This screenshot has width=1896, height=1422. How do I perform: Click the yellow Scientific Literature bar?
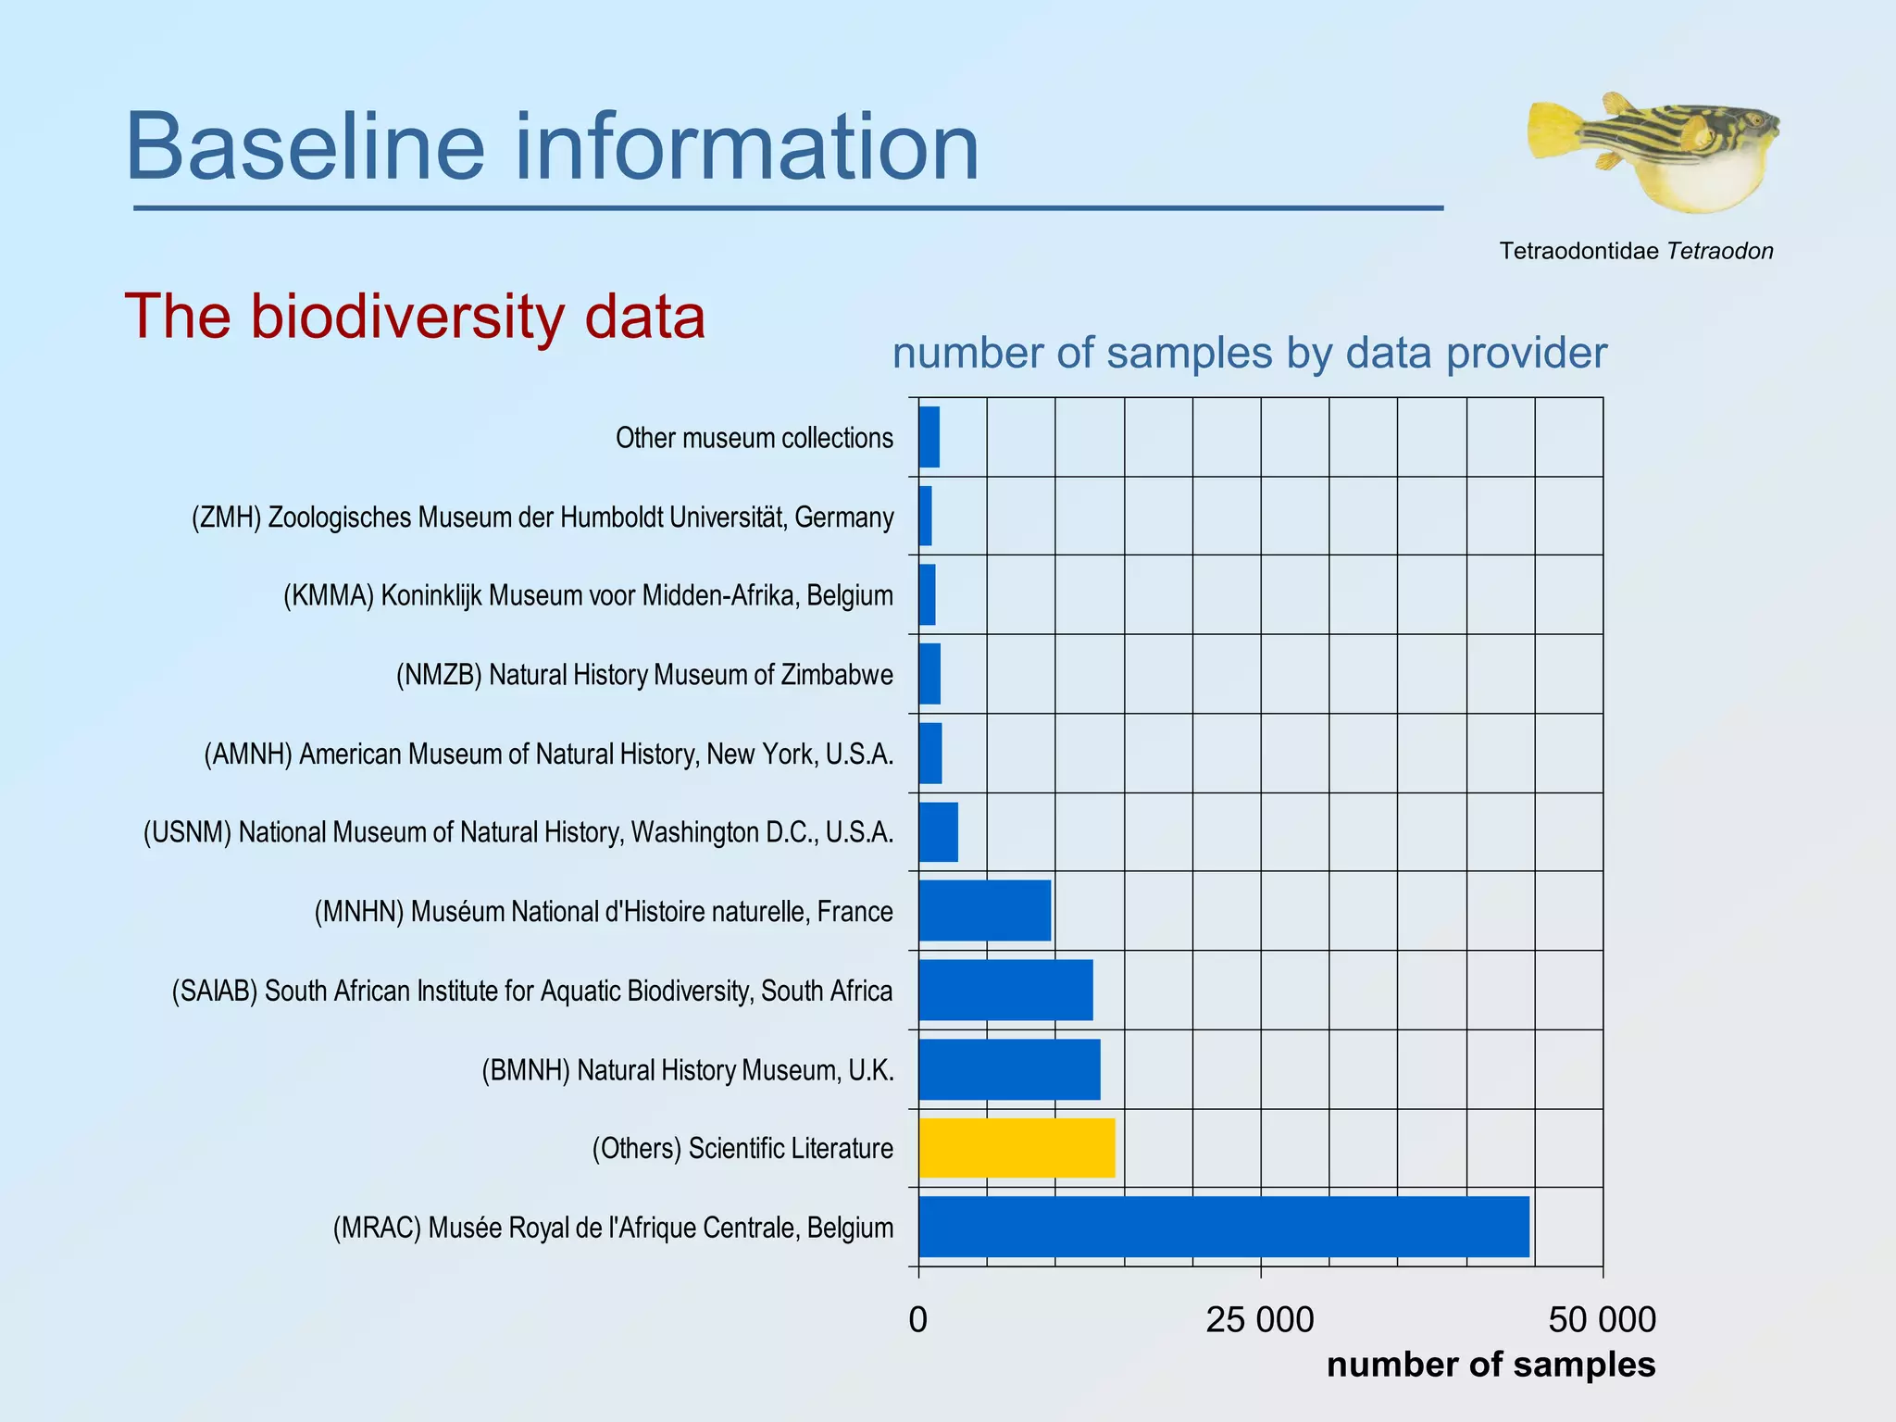(x=1017, y=1148)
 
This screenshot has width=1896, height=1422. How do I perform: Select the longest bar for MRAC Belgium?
(x=1222, y=1227)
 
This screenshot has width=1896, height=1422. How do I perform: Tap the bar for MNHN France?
(x=984, y=911)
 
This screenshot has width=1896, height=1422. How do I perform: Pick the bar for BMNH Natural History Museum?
(x=1009, y=1069)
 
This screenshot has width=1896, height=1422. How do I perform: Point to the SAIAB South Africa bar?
(x=1005, y=990)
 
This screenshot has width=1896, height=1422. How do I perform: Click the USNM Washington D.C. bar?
(x=938, y=832)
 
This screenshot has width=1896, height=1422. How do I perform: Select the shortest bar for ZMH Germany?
(x=925, y=516)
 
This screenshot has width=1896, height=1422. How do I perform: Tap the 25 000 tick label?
(x=1259, y=1319)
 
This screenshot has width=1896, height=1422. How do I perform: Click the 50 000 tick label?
(x=1602, y=1319)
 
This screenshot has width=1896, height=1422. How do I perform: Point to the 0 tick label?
(x=917, y=1319)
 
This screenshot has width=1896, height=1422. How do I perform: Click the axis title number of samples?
(x=1491, y=1365)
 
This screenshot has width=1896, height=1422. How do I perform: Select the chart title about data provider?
(x=1250, y=353)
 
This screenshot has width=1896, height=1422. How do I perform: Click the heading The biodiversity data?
(x=415, y=316)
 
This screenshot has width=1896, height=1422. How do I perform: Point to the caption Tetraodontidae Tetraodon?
(x=1636, y=251)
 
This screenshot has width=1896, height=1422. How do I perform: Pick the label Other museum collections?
(x=755, y=437)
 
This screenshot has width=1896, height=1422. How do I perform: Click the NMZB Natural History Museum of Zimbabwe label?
(x=644, y=674)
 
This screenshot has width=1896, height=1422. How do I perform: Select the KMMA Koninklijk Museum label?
(x=588, y=594)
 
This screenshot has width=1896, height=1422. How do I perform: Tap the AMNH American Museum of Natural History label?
(x=548, y=754)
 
